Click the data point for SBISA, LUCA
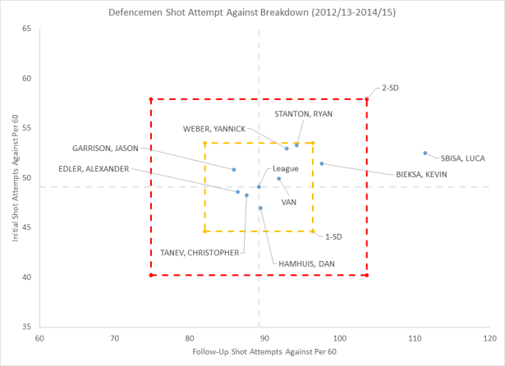tap(425, 153)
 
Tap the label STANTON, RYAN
tap(303, 113)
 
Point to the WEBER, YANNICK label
tap(213, 129)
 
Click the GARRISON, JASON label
tap(105, 149)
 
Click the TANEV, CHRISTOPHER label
tap(200, 253)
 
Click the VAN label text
tap(289, 201)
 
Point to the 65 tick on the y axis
tap(27, 29)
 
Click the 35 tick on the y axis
tap(27, 327)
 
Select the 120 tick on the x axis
tap(488, 337)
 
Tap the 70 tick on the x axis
tap(113, 337)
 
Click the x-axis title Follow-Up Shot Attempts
tap(263, 352)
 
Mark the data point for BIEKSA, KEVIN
tap(322, 163)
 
